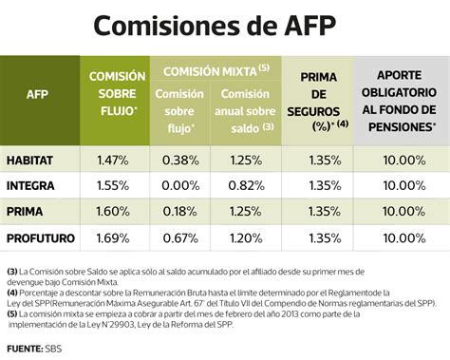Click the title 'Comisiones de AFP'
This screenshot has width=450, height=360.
pyautogui.click(x=225, y=26)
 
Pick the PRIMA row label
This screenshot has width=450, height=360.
pyautogui.click(x=28, y=210)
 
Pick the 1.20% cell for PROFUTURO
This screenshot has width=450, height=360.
pyautogui.click(x=245, y=236)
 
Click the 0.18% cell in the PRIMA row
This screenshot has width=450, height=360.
pyautogui.click(x=179, y=210)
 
